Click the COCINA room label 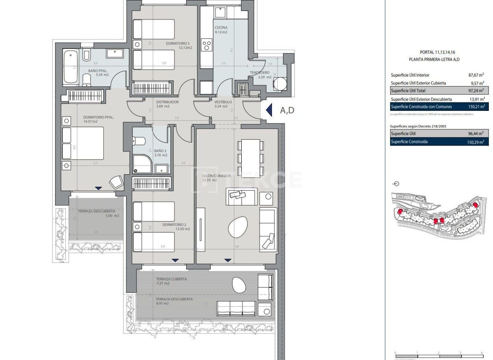tap(221, 28)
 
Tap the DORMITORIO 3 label tap(178, 44)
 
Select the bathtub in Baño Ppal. tap(70, 66)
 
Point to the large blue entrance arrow tap(269, 110)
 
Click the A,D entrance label tap(287, 111)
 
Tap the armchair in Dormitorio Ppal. tap(116, 182)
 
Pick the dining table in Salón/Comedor tap(251, 158)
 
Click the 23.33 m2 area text tap(210, 180)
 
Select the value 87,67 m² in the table tap(476, 75)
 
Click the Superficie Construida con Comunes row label tap(421, 107)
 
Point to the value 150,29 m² tap(475, 142)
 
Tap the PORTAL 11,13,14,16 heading tap(434, 52)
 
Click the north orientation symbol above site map tap(396, 184)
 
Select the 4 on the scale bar tap(481, 353)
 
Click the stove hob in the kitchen tap(207, 45)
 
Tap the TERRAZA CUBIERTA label tap(171, 279)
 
